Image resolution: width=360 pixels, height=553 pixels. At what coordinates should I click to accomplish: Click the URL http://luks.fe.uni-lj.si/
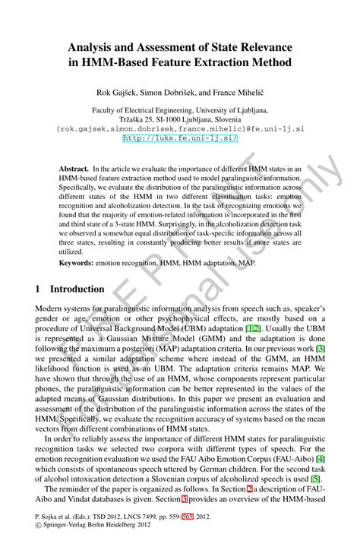click(x=180, y=138)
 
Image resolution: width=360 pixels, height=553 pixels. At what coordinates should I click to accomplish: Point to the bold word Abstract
click(x=74, y=169)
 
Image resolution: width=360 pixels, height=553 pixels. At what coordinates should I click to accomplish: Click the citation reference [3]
click(x=321, y=348)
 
